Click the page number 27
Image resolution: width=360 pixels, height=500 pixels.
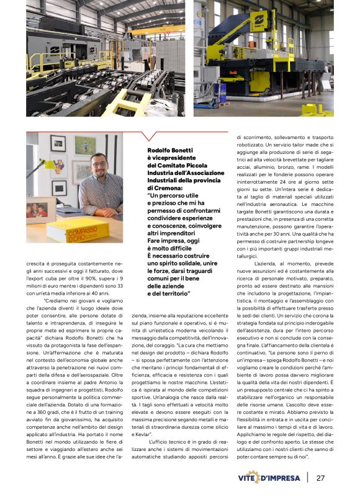click(x=320, y=478)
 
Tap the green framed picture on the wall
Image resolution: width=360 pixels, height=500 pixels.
click(x=84, y=146)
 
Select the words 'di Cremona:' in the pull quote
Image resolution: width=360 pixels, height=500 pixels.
click(x=163, y=187)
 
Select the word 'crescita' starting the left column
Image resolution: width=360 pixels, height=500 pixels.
click(x=38, y=264)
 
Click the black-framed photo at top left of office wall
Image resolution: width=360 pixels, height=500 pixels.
click(x=58, y=144)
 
